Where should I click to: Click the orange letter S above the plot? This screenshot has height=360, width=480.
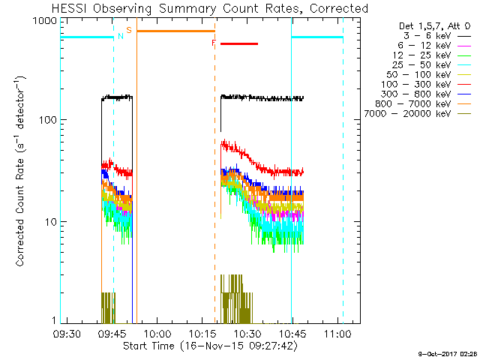129,30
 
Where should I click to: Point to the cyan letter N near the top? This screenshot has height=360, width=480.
120,36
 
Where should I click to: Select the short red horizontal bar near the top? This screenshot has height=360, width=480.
238,43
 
